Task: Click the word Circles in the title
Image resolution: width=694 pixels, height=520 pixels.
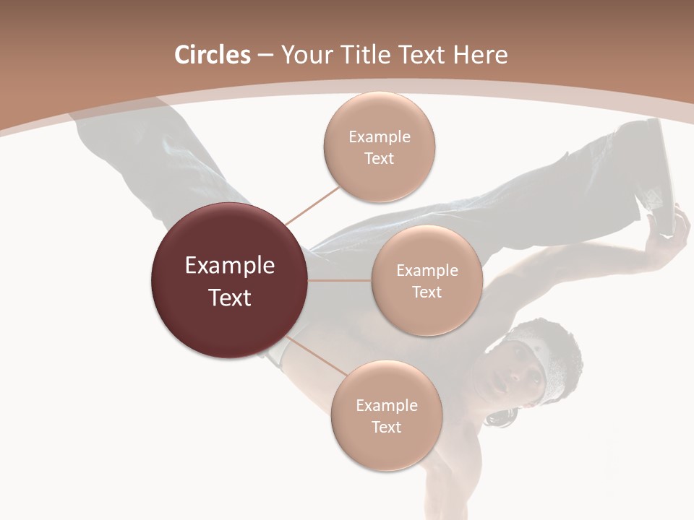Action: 212,55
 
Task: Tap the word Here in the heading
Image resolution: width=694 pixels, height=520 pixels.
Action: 480,55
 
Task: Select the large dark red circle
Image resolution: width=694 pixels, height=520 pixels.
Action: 229,281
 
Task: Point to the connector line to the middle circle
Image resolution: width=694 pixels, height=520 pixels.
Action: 340,280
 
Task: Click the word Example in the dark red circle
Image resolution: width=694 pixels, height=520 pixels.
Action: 229,266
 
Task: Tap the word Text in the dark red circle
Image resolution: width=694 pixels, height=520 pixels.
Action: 229,298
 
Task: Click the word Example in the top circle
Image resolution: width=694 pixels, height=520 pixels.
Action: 379,136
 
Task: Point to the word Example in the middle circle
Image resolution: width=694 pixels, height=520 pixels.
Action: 427,270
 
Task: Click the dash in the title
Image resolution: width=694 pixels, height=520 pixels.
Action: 265,56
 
